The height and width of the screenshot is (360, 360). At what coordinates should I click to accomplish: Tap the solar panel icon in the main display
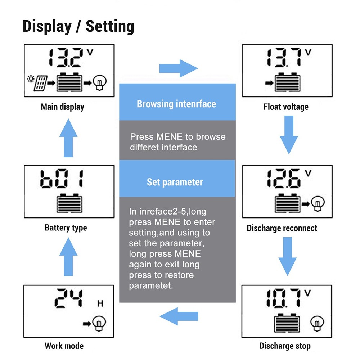pos(40,83)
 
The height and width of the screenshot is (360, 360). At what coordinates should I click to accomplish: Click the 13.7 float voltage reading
pos(284,57)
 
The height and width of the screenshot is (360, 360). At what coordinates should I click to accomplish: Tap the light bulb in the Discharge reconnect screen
pos(317,204)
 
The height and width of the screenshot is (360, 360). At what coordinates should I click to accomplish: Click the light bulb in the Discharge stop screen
pos(317,323)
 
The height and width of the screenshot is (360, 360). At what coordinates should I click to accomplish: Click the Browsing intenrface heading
pos(176,104)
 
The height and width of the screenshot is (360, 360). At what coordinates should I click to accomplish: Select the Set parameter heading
pos(175,182)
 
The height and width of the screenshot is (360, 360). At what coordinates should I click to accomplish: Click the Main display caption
pos(62,107)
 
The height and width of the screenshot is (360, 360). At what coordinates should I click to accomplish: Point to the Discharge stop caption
pos(285,346)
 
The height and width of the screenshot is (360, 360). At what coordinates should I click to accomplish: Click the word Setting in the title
pos(110,26)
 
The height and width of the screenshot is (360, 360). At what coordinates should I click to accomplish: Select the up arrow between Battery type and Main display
pos(68,138)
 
